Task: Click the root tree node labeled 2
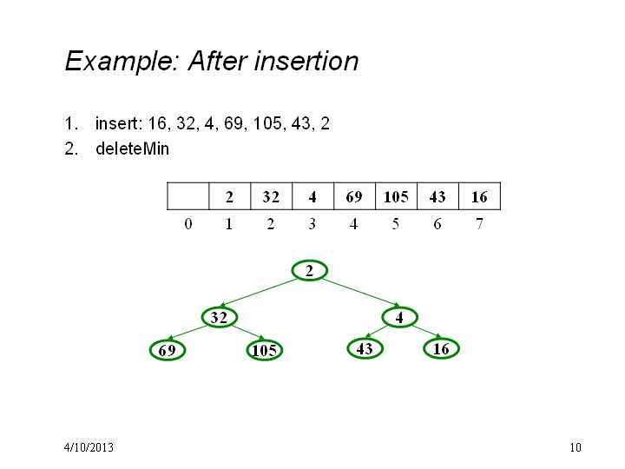coord(310,271)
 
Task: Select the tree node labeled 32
coord(220,318)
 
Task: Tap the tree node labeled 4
coord(400,318)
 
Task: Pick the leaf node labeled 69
coord(168,350)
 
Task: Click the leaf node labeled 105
coord(265,350)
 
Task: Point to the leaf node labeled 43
coord(365,348)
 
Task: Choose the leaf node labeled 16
coord(441,348)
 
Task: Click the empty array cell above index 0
coord(188,196)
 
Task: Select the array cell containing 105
coord(396,196)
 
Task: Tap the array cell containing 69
coord(354,196)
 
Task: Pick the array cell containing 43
coord(438,196)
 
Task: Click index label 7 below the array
coord(479,224)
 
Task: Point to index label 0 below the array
coord(188,224)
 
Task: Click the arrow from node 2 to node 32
coord(260,293)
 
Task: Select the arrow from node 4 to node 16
coord(427,332)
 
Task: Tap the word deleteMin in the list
coord(132,149)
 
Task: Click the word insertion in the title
coord(307,61)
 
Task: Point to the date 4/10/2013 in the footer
coord(89,447)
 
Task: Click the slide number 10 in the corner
coord(576,447)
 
